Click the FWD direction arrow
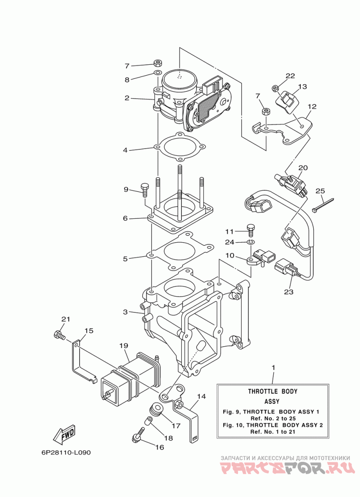[64, 434]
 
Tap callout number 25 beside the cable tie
[320, 191]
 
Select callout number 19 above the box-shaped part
[124, 345]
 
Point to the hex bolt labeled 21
[59, 334]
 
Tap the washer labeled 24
[251, 243]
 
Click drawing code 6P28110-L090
[66, 452]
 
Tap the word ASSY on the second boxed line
[272, 401]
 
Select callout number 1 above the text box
[273, 368]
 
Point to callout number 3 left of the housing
[126, 312]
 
